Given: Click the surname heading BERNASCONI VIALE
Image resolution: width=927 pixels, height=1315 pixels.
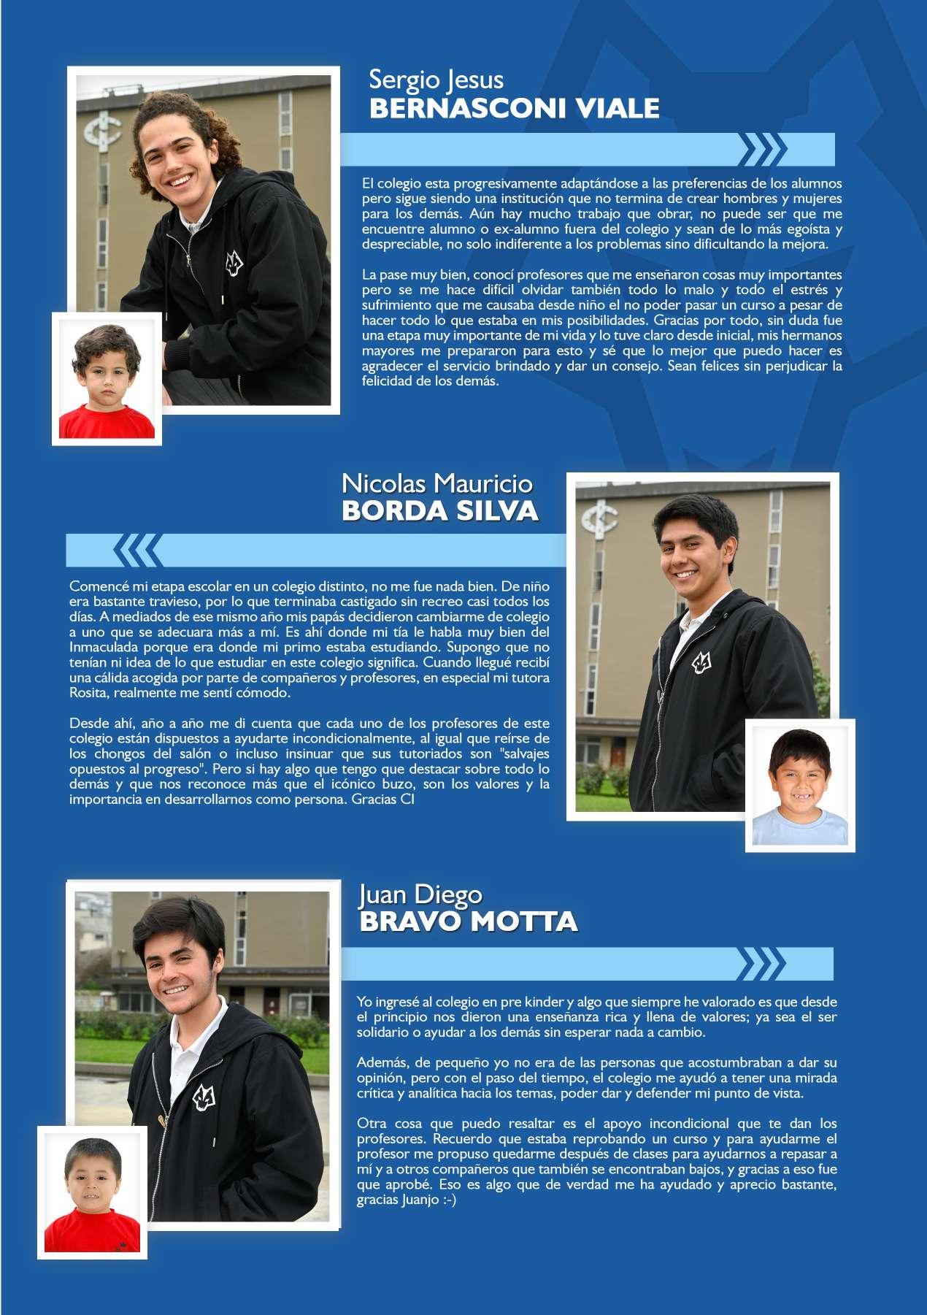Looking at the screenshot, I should pyautogui.click(x=514, y=109).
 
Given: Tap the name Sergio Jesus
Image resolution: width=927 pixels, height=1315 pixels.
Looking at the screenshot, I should pyautogui.click(x=436, y=79).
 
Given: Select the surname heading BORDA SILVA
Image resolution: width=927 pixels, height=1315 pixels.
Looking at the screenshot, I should pyautogui.click(x=439, y=511).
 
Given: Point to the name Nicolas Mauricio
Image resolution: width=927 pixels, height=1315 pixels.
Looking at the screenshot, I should pyautogui.click(x=436, y=483).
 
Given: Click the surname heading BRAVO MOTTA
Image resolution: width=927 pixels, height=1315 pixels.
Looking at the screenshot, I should pyautogui.click(x=468, y=921).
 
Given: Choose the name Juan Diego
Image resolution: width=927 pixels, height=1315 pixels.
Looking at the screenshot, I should pyautogui.click(x=420, y=894).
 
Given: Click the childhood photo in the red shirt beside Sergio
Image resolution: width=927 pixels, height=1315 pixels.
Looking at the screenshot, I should pyautogui.click(x=107, y=379).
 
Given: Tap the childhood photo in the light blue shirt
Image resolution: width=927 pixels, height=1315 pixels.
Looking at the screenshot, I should pyautogui.click(x=800, y=786).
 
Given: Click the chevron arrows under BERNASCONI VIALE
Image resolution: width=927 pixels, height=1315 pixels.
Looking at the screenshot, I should pyautogui.click(x=762, y=149).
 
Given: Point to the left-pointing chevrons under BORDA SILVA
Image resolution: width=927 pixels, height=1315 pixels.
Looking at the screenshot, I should pyautogui.click(x=138, y=550).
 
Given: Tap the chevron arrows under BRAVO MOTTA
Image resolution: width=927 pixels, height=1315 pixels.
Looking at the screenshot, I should pyautogui.click(x=762, y=963).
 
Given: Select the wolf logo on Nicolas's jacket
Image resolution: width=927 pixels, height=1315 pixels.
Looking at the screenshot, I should pyautogui.click(x=701, y=663).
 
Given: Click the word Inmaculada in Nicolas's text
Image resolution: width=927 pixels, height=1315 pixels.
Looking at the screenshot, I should pyautogui.click(x=103, y=647).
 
